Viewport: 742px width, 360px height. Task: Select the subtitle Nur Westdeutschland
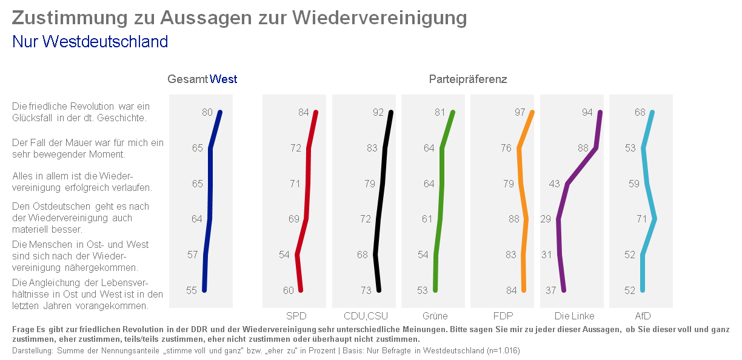coord(90,42)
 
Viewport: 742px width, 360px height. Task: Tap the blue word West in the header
coord(223,79)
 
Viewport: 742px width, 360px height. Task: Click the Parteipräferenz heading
coord(468,79)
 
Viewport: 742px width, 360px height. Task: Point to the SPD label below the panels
coord(296,316)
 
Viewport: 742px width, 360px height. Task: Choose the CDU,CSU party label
coord(366,316)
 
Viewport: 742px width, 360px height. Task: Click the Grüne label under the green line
coord(435,316)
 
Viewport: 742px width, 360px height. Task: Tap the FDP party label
coord(504,316)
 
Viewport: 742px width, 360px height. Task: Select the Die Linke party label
coord(574,316)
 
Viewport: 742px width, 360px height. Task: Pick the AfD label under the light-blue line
coord(643,316)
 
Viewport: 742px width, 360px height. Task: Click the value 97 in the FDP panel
coord(520,112)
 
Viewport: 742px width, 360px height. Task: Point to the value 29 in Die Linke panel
coord(545,219)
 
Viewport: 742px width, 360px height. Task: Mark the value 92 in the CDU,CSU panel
coord(378,112)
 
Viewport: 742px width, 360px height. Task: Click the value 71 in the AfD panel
coord(642,219)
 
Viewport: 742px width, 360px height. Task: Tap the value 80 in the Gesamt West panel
coord(207,112)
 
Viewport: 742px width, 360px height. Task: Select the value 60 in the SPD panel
coord(289,290)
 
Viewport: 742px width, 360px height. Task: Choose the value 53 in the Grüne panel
coord(423,290)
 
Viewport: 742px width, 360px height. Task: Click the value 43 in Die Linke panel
coord(554,184)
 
